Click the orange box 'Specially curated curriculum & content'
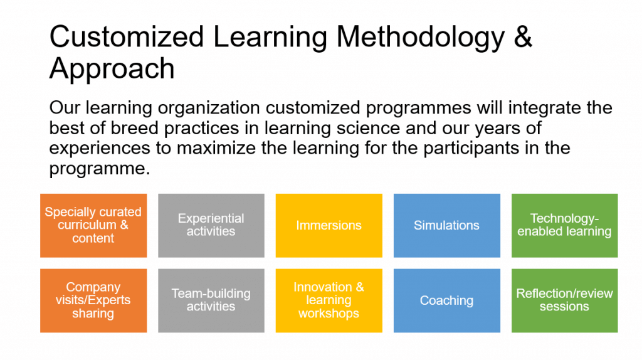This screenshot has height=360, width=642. pyautogui.click(x=93, y=226)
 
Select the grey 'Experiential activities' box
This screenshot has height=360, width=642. pyautogui.click(x=211, y=226)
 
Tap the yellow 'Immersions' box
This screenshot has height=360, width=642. pyautogui.click(x=329, y=226)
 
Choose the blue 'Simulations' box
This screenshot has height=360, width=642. pyautogui.click(x=446, y=226)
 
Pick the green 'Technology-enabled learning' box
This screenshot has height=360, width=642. pyautogui.click(x=565, y=226)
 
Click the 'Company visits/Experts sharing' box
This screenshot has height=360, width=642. pyautogui.click(x=93, y=300)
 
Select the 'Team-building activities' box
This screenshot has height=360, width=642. pyautogui.click(x=211, y=300)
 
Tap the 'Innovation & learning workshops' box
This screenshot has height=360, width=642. pyautogui.click(x=329, y=300)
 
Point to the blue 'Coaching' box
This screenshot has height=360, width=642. pyautogui.click(x=446, y=300)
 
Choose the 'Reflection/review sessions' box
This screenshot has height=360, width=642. pyautogui.click(x=565, y=300)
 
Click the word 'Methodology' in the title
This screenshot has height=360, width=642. pyautogui.click(x=421, y=38)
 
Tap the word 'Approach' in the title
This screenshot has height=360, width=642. pyautogui.click(x=112, y=70)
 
